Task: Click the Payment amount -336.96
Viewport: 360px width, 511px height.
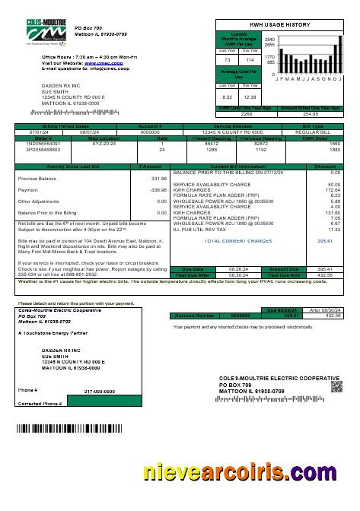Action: point(158,190)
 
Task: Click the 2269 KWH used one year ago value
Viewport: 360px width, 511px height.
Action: point(246,114)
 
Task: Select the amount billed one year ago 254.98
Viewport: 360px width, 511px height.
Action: point(311,114)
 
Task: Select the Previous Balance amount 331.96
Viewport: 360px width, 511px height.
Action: point(158,179)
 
